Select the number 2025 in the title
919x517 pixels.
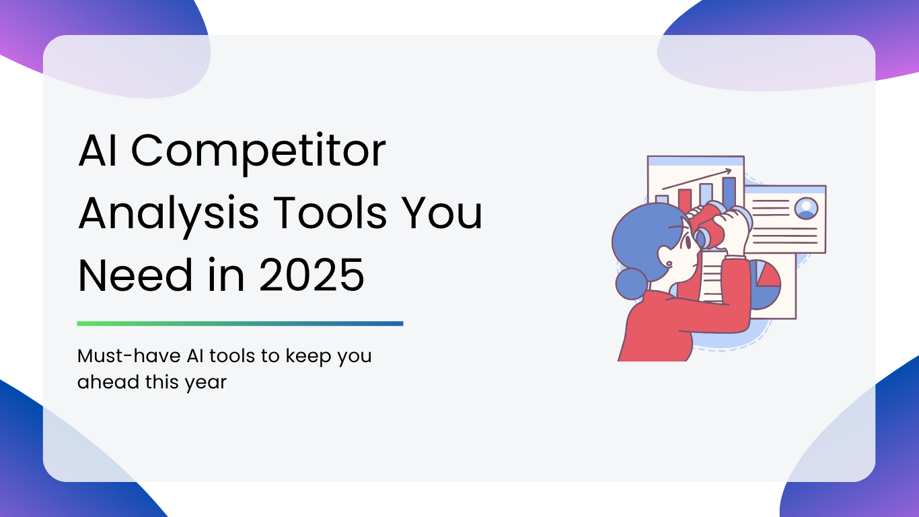(x=311, y=275)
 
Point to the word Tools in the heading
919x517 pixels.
(x=330, y=213)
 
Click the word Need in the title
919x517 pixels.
(x=135, y=275)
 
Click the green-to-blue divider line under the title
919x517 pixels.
(x=240, y=324)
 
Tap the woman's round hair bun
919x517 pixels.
(x=632, y=284)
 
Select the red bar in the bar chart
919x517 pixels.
(x=684, y=201)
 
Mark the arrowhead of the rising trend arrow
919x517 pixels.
(x=728, y=171)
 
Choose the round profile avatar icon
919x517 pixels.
(x=806, y=208)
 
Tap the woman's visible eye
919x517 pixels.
(x=689, y=242)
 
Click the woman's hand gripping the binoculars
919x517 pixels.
(x=735, y=230)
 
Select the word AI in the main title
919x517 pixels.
(x=98, y=150)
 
